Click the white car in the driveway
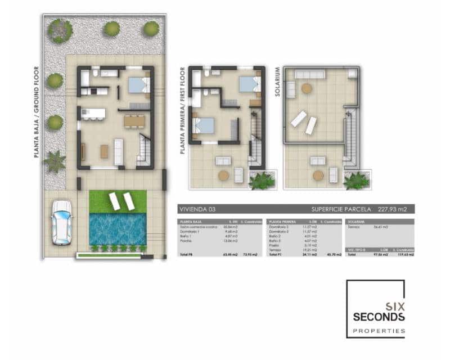[61, 223]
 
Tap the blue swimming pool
[118, 228]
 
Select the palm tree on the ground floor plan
[55, 161]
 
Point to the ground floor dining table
[133, 120]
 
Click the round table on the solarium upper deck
[307, 88]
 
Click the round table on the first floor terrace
[223, 175]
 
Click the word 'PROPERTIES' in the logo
[378, 331]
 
